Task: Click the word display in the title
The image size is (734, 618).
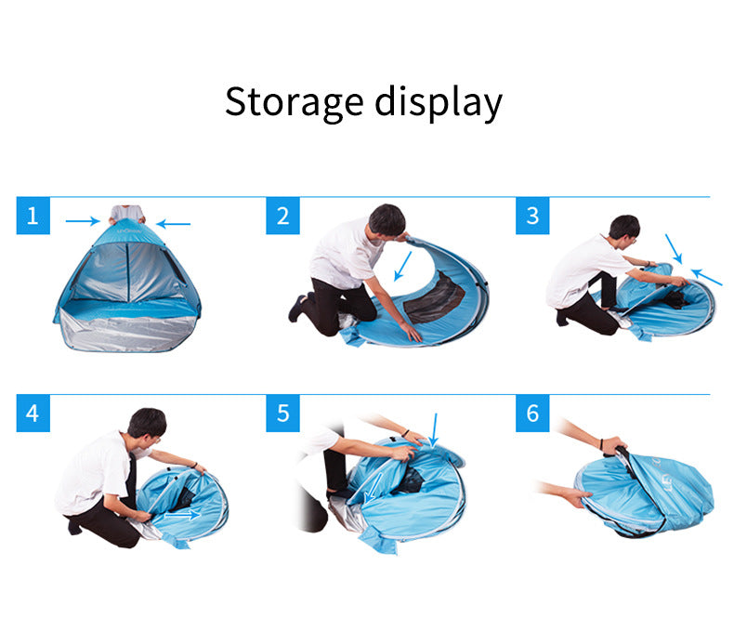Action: (439, 102)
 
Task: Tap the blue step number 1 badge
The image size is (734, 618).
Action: (33, 217)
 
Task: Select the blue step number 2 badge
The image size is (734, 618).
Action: (283, 217)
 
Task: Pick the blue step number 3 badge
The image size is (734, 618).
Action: (532, 217)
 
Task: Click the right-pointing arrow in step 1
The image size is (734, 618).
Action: (83, 221)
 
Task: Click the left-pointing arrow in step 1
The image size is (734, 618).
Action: (173, 223)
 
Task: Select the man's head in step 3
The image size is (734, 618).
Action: (623, 229)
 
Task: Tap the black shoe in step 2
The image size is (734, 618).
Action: (297, 308)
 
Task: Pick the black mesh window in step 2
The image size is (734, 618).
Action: (434, 300)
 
